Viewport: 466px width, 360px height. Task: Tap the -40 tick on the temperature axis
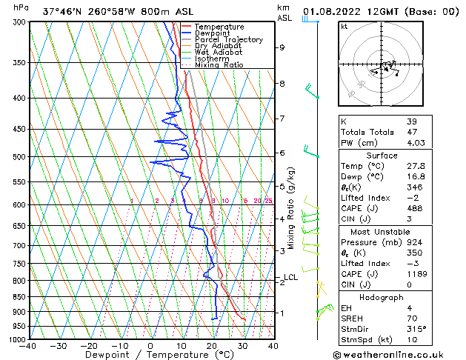click(28, 345)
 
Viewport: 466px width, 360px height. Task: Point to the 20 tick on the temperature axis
click(212, 345)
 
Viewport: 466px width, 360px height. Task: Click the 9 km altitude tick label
click(282, 47)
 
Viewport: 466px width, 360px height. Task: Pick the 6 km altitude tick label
click(282, 153)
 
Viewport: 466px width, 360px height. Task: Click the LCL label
click(290, 278)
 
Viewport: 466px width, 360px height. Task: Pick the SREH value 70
click(412, 318)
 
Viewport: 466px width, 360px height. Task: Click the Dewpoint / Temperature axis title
click(150, 356)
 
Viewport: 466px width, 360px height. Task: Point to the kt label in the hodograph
click(344, 27)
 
